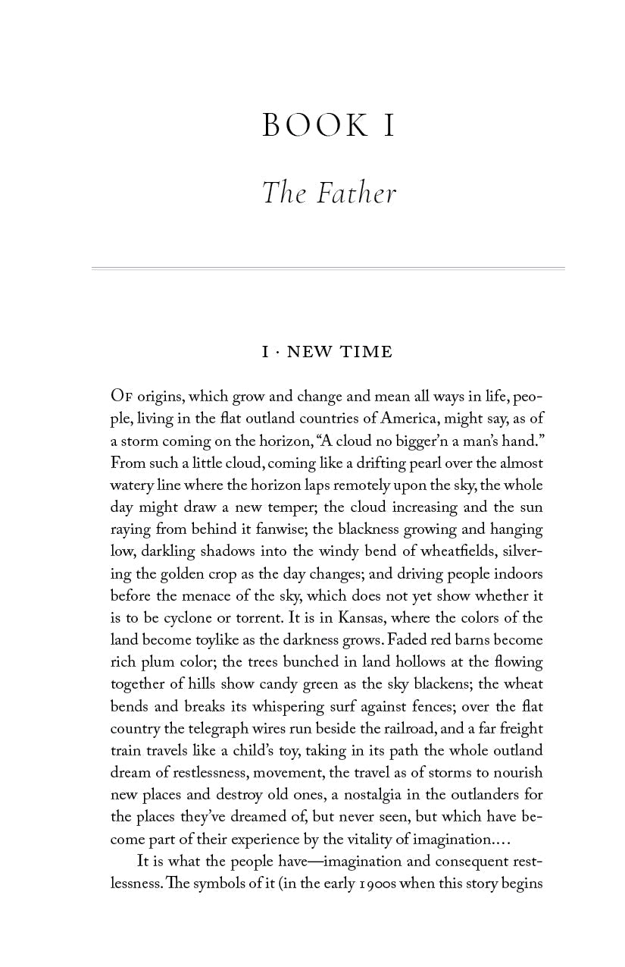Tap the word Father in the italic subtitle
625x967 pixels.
pos(356,193)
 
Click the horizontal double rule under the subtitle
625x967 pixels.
pos(328,268)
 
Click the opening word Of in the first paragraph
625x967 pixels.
pos(121,397)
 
